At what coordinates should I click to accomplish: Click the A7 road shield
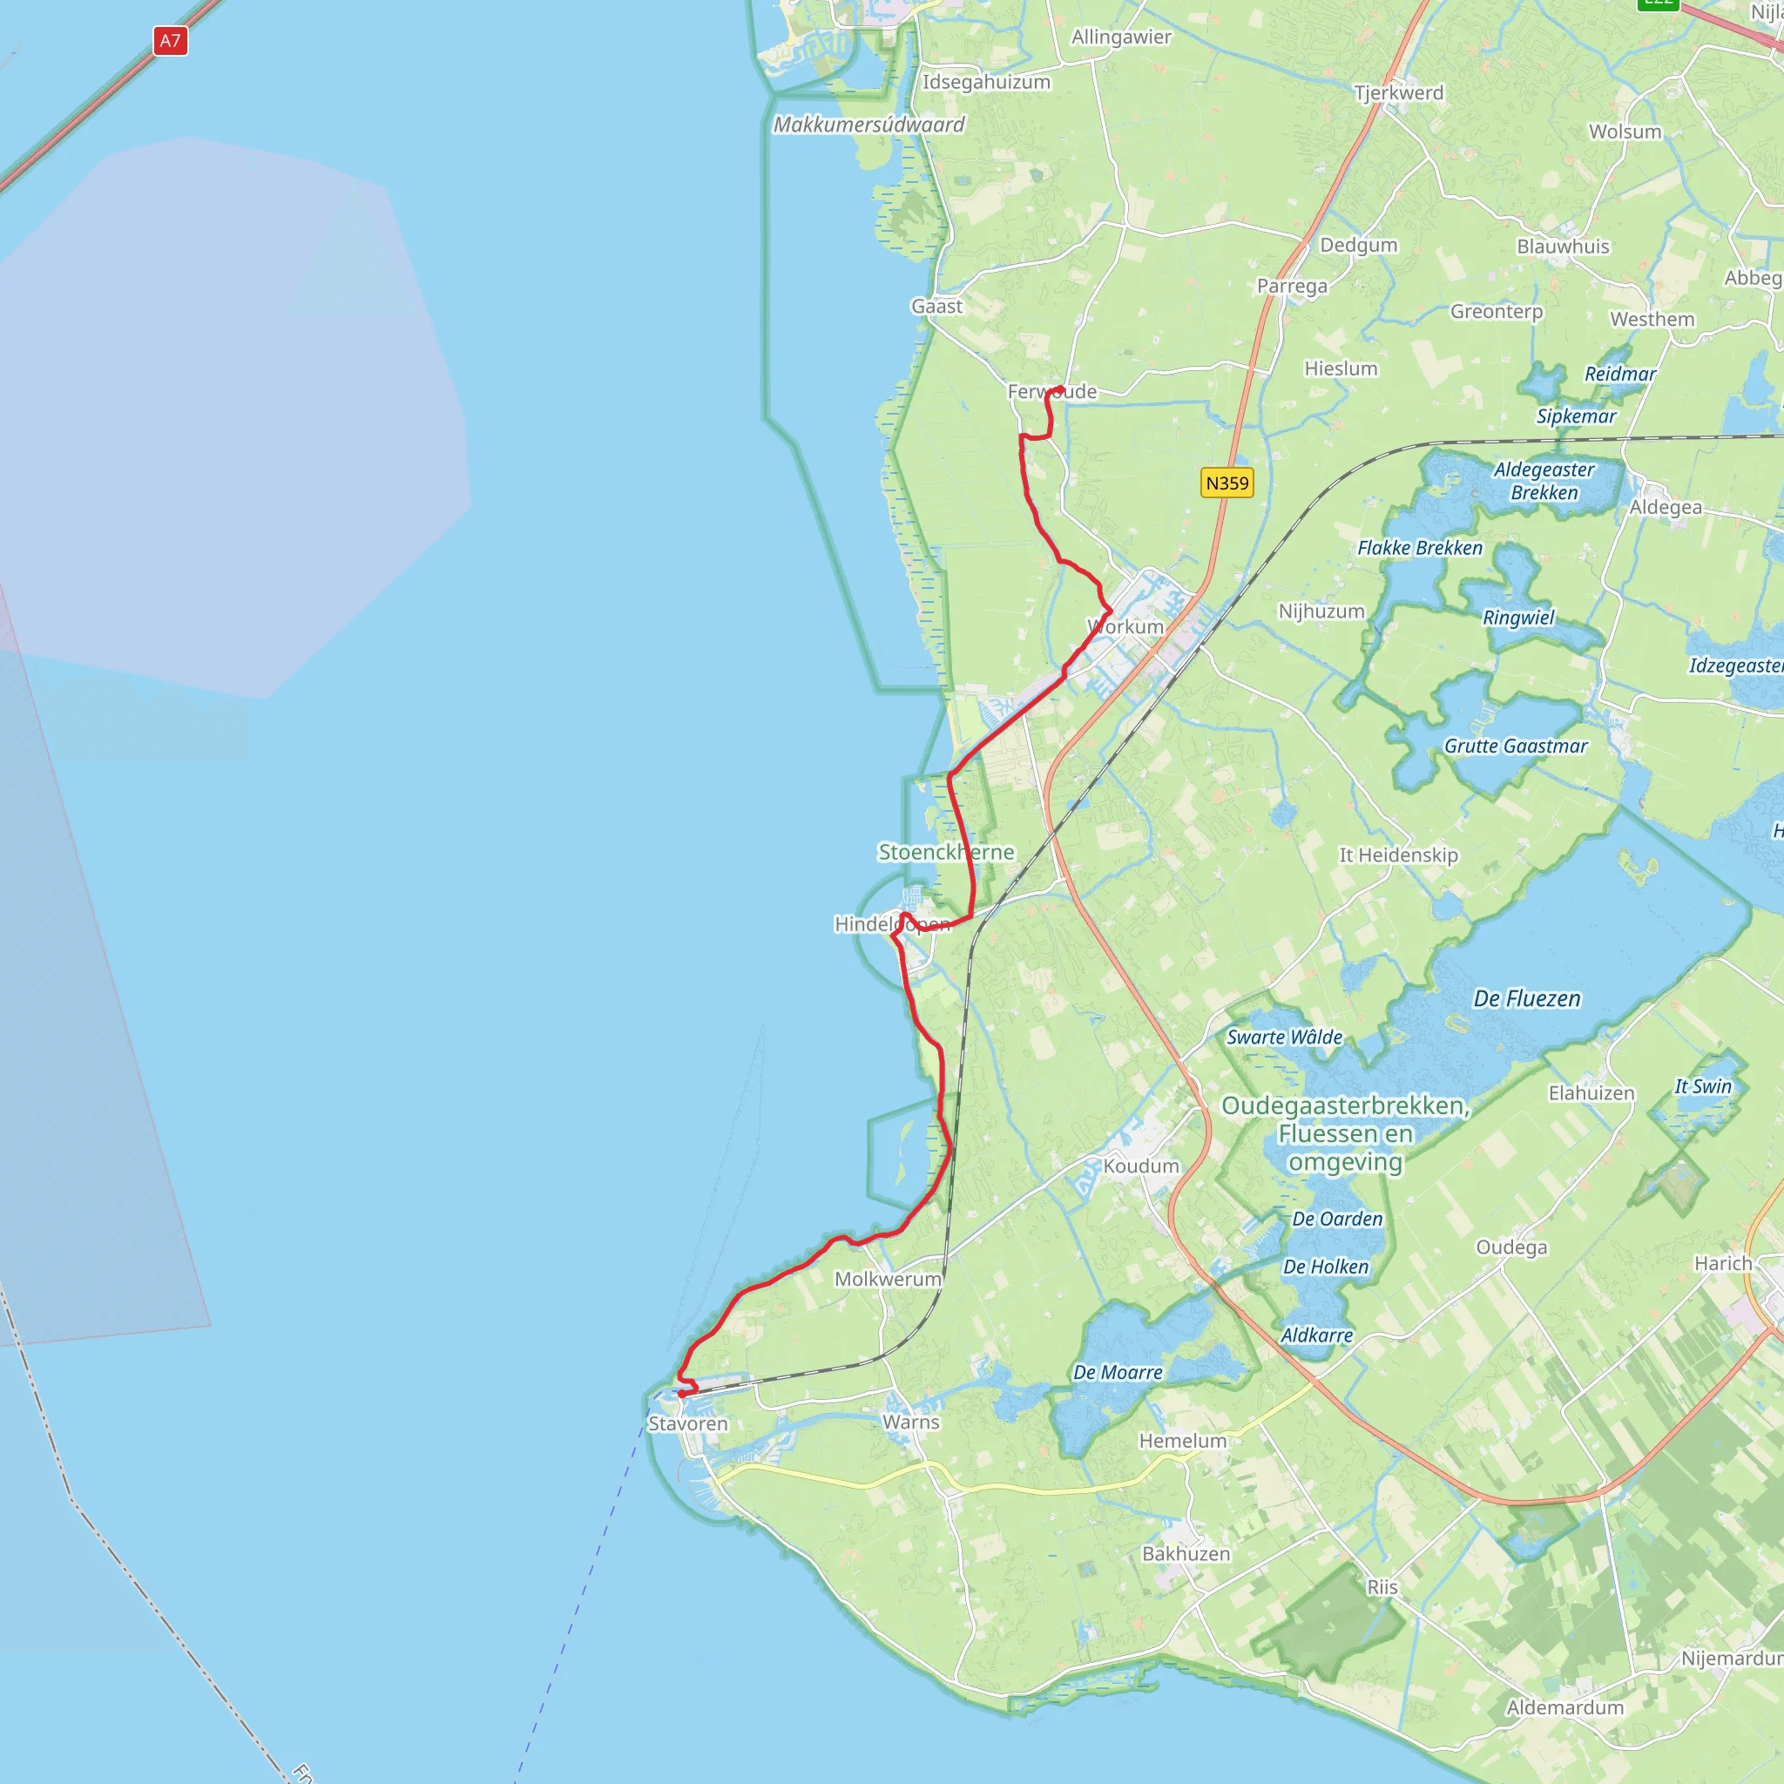[x=170, y=41]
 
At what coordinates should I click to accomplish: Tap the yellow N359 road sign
[x=1226, y=483]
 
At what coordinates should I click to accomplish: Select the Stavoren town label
[x=688, y=1424]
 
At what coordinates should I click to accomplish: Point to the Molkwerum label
[x=888, y=1279]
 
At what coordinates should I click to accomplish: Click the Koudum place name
[x=1141, y=1166]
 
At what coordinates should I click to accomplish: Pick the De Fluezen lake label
[x=1526, y=998]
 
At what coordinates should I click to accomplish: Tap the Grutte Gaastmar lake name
[x=1516, y=747]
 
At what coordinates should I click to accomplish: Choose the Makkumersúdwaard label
[x=868, y=125]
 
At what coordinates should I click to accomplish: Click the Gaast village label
[x=936, y=307]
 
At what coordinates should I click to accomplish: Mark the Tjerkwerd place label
[x=1398, y=93]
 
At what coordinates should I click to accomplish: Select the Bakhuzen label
[x=1186, y=1554]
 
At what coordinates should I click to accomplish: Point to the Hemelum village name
[x=1182, y=1441]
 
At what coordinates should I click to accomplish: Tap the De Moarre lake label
[x=1118, y=1372]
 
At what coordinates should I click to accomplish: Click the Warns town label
[x=910, y=1422]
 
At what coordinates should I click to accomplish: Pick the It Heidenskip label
[x=1398, y=855]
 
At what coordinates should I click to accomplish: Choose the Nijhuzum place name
[x=1321, y=612]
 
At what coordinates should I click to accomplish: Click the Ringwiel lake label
[x=1518, y=618]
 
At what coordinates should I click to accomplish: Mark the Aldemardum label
[x=1564, y=1707]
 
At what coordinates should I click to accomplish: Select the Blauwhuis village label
[x=1563, y=247]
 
